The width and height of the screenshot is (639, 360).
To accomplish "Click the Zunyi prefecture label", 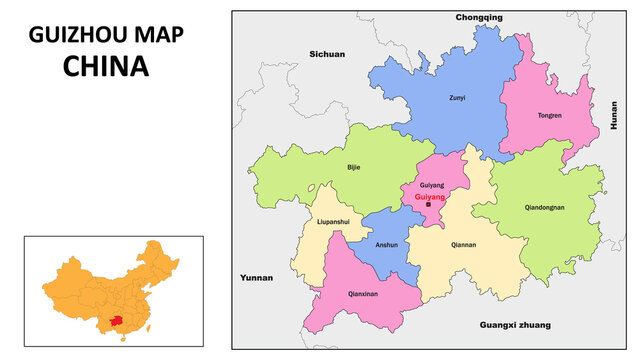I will click(456, 98).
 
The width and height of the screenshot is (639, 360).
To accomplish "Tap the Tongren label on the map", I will click(550, 115).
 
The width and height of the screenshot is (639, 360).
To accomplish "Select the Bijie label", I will click(353, 167).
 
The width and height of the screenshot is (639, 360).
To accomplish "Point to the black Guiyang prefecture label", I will click(432, 186).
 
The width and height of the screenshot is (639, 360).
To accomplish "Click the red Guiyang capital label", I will click(430, 197).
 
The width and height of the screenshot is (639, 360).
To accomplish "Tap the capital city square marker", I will click(428, 205).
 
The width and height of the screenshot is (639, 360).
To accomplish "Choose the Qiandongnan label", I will click(545, 208).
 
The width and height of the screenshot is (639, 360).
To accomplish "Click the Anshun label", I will click(386, 245).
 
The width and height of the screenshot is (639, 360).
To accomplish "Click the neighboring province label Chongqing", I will click(479, 18).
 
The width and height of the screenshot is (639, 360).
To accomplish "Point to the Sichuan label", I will click(327, 53).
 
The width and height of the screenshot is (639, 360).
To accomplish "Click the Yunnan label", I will click(256, 276).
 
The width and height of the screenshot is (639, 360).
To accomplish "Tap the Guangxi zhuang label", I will click(515, 325).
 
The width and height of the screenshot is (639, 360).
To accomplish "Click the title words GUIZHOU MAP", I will click(106, 34).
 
